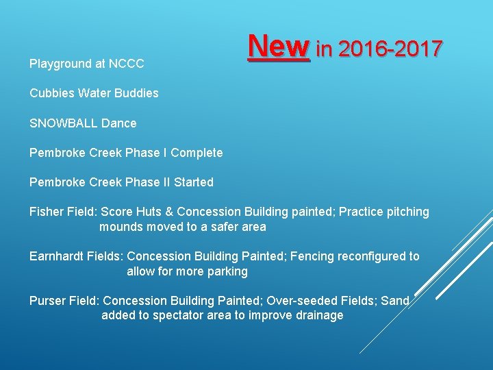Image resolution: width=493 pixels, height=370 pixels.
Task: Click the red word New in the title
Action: [279, 47]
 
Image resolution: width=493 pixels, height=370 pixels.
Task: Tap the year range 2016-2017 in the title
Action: [390, 49]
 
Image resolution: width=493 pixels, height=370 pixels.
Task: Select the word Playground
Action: [60, 64]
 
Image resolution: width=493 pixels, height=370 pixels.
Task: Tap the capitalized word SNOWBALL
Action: [63, 123]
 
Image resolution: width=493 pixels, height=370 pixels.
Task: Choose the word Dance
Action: [119, 123]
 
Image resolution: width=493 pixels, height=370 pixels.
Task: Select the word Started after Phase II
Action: [194, 182]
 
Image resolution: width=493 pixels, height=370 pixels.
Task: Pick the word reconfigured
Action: [370, 256]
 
